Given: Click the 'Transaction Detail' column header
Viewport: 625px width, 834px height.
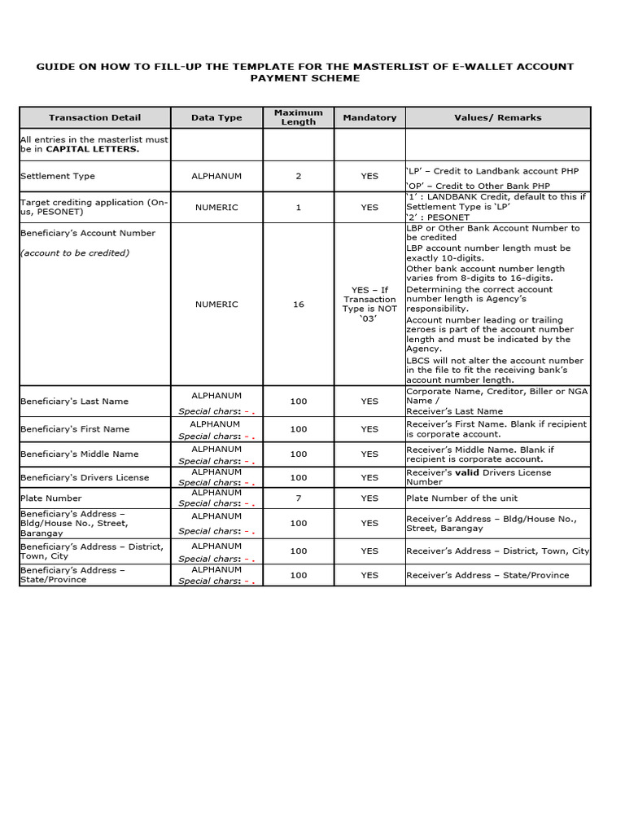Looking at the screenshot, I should point(94,117).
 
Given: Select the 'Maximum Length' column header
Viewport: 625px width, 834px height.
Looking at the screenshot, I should point(298,117).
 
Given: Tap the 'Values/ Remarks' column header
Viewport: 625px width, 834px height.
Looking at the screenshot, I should point(497,117).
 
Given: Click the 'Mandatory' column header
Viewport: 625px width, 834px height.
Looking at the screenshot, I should point(369,117).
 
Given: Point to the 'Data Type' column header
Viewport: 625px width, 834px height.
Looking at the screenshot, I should point(216,117).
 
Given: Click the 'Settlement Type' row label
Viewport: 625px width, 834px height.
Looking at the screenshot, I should point(58,176).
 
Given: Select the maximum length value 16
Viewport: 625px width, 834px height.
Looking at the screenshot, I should point(298,305).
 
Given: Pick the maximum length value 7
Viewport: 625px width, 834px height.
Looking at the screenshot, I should point(298,498).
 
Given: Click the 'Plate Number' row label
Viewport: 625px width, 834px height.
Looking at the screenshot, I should point(51,498).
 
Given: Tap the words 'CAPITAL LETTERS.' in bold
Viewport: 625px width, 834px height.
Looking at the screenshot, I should point(92,149).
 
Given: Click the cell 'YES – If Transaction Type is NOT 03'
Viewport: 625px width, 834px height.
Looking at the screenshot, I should point(369,304).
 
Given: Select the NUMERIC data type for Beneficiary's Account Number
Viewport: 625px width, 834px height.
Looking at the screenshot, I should point(216,305).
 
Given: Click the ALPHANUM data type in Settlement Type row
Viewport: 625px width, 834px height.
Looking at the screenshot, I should point(216,176).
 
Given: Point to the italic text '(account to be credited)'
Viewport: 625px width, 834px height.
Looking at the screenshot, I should point(75,252).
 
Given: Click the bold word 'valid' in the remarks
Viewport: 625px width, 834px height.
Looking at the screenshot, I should point(467,472).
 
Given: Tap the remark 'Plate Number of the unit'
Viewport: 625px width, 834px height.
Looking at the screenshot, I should point(461,498).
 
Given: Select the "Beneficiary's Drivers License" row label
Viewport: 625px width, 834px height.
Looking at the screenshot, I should point(85,477).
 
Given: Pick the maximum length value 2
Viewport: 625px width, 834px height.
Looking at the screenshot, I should point(298,176).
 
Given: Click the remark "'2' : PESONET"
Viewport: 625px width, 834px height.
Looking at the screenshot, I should point(438,217).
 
